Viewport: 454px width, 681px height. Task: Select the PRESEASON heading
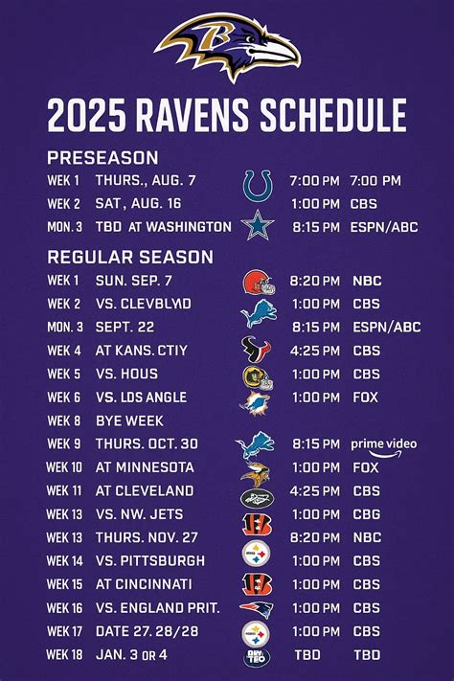click(102, 158)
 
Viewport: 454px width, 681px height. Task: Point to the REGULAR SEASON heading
click(130, 257)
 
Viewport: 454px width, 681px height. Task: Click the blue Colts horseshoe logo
click(257, 183)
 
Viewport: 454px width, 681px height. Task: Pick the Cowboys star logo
click(257, 227)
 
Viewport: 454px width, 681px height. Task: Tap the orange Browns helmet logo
click(257, 282)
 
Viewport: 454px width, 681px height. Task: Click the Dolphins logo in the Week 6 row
click(256, 398)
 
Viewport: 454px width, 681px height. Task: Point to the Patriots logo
click(256, 609)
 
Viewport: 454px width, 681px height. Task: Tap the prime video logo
click(383, 445)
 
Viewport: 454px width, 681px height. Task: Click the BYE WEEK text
click(129, 420)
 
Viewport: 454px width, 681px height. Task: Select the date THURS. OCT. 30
click(147, 443)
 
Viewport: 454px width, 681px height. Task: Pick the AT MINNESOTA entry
click(145, 467)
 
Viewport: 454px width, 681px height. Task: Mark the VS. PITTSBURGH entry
click(150, 560)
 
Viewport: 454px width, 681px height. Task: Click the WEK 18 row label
click(66, 655)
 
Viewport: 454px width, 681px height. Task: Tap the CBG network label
click(366, 514)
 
